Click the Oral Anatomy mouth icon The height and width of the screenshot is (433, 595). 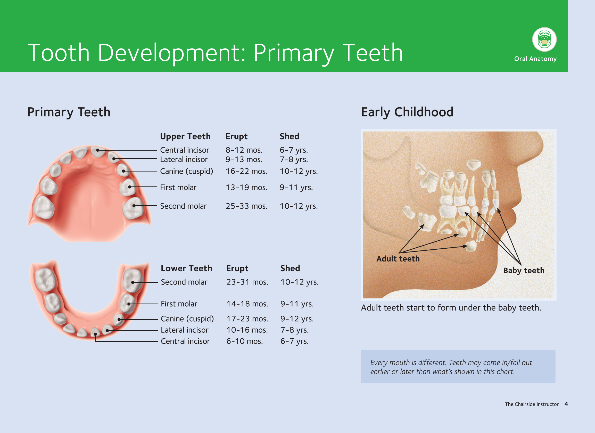544,39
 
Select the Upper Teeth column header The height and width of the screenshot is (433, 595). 185,136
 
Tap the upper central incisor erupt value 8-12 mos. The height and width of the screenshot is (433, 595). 244,150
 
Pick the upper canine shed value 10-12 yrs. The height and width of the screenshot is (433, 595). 299,171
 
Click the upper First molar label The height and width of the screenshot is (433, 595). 178,187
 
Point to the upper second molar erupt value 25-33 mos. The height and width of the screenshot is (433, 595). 246,206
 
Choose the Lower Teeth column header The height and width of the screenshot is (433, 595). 186,268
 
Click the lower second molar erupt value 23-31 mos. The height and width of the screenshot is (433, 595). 247,282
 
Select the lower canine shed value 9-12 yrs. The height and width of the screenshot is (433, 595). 297,319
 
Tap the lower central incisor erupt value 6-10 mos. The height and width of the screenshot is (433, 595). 244,341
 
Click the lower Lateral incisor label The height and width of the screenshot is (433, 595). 184,330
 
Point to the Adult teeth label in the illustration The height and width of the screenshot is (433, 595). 398,259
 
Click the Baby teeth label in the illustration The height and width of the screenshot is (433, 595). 524,271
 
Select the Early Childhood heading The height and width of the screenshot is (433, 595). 407,112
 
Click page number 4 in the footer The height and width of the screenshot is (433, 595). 566,404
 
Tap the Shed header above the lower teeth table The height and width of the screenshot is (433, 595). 290,268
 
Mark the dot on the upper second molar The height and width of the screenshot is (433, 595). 134,206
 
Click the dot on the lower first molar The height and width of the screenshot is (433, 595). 129,304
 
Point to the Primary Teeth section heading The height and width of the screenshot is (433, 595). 69,112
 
